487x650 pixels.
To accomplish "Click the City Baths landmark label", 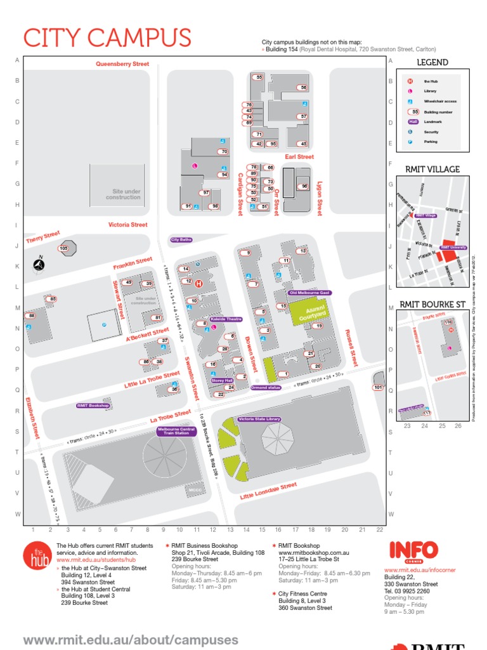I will coord(181,240).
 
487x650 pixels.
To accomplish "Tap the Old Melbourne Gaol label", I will coord(309,293).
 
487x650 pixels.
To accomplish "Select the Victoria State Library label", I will coord(259,420).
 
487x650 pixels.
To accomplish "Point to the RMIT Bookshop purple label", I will coord(93,405).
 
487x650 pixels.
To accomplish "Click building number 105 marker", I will coord(63,248).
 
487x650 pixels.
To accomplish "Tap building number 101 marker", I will coord(378,387).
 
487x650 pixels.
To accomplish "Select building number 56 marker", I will coord(304,88).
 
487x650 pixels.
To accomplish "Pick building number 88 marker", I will coord(31,315).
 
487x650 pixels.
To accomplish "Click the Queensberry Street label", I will coord(122,64).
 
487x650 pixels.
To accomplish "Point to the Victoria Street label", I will coord(127,225).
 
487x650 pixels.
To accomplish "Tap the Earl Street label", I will coord(299,156).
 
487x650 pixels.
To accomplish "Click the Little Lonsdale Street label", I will coord(268,492).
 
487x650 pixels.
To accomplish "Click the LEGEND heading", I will coord(432,62).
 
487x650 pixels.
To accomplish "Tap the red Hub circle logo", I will coord(37,555).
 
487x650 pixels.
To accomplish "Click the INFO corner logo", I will coord(413,550).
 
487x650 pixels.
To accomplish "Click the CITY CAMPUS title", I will coord(107,38).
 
